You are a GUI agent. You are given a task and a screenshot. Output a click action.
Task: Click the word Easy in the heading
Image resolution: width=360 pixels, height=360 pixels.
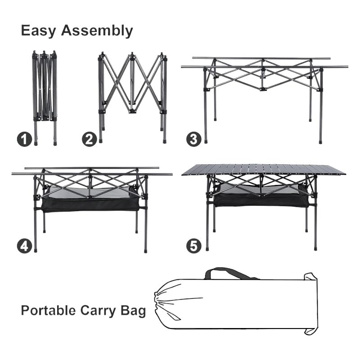pos(38,31)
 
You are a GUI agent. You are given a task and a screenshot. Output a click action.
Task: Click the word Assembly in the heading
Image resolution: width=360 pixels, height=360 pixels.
pos(97,31)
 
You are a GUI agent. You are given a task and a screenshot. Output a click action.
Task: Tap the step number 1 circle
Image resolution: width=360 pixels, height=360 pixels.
pos(25,139)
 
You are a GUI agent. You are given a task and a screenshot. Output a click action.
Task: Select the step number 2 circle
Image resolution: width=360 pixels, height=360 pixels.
pos(90,139)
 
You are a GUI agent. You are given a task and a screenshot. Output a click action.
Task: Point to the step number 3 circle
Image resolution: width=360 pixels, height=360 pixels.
pos(194,139)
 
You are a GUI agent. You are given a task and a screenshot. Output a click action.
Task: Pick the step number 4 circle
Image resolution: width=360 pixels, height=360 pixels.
pos(25,246)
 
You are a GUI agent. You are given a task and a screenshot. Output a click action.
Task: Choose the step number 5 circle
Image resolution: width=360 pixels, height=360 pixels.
pos(194,246)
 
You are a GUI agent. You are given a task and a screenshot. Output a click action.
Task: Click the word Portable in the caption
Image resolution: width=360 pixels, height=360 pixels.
pos(48,310)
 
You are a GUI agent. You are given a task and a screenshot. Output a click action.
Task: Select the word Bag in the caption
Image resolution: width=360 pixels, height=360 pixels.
pos(133,311)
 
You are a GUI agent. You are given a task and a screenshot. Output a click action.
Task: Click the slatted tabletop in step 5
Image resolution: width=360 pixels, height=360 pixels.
pos(263,170)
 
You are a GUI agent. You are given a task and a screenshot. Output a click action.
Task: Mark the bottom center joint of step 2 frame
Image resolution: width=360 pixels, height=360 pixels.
pos(132,111)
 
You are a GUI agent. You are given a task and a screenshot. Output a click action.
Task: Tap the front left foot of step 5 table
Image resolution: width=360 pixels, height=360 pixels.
pos(207,248)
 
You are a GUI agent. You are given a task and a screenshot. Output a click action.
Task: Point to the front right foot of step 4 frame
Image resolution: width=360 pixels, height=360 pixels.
pos(145,250)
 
